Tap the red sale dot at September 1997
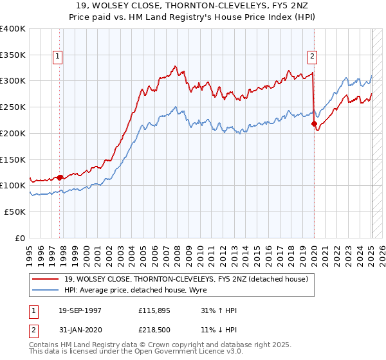click(60, 177)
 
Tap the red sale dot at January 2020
click(314, 123)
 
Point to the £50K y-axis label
click(14, 212)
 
